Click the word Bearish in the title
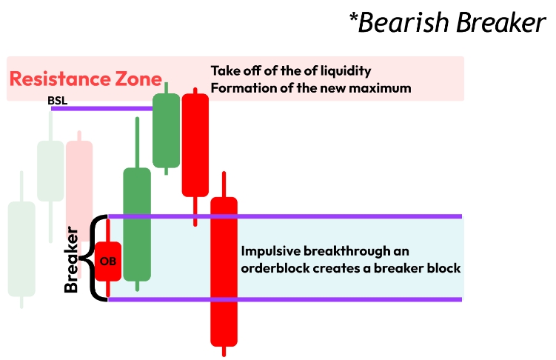coord(404,22)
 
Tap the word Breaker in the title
coord(500,22)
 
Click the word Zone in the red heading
coord(141,79)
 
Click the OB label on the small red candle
coord(108,261)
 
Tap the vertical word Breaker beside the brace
coord(72,259)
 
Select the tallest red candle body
coord(224,271)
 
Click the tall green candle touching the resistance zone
coord(167,130)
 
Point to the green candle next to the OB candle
coord(137,224)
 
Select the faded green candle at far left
coord(21,248)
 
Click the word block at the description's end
coord(446,267)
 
